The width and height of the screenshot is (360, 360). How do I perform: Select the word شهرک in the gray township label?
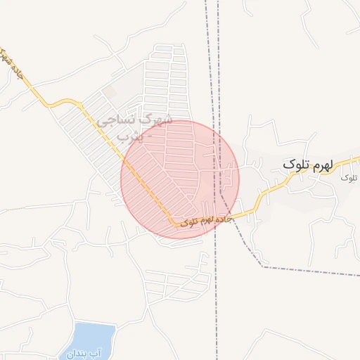point(157,120)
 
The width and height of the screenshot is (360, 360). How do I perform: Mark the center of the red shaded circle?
point(180,179)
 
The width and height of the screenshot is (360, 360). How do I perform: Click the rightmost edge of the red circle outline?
point(239,179)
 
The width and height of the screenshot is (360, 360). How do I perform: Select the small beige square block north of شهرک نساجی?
point(110,92)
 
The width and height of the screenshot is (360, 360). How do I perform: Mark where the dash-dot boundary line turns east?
point(262,266)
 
